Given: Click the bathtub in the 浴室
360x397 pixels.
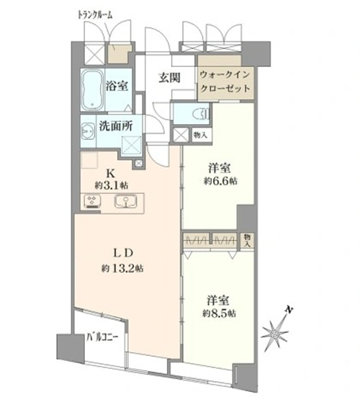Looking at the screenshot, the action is pos(93,90).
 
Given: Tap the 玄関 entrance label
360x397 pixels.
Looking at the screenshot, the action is pos(169,78).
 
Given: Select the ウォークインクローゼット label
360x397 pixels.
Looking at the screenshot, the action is pos(225,82).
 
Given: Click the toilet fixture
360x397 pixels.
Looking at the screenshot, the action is pos(200,114).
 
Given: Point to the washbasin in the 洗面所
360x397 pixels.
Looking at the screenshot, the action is pos(88,131).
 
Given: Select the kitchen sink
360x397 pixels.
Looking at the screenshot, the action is pos(125,201).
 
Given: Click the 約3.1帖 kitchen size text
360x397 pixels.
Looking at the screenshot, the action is pos(112,186).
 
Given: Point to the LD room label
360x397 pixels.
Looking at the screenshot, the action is pos(122,254).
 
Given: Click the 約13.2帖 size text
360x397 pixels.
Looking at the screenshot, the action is pos(122,269).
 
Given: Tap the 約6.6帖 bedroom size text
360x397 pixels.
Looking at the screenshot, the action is pos(220,182).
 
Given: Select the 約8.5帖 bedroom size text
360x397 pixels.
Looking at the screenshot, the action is pos(219,313).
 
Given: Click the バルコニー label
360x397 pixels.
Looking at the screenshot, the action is pos(102,337).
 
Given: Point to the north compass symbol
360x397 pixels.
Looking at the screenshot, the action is pos(275,334).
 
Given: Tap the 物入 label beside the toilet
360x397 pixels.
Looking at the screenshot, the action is pos(200,135).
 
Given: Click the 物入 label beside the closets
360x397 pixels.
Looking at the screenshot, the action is pos(247,240).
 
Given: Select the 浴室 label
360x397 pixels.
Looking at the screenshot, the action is pos(117,86).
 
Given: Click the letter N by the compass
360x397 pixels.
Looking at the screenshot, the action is pos(288,309).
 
